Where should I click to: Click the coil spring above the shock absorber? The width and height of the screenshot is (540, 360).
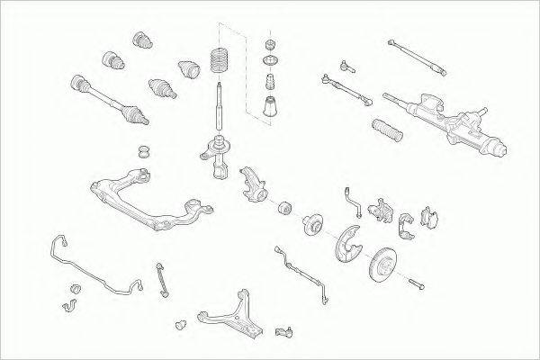click(219, 62)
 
